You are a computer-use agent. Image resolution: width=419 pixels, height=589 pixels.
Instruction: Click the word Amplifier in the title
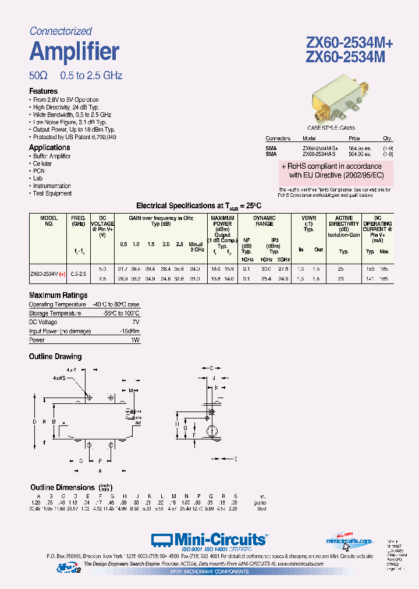tap(74, 52)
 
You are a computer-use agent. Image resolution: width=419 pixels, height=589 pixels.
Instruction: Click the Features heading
tap(44, 91)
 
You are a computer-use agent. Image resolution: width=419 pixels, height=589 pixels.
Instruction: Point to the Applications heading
tap(49, 148)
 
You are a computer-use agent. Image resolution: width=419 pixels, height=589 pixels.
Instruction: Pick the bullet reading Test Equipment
tap(52, 193)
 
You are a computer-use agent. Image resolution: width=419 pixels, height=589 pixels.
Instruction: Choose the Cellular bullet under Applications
tap(42, 164)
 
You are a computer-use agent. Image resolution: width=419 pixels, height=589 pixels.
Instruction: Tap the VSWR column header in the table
tap(309, 221)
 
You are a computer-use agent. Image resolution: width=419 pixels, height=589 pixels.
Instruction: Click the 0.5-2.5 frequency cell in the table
tap(79, 272)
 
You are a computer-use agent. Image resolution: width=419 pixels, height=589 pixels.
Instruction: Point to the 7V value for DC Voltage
tap(136, 322)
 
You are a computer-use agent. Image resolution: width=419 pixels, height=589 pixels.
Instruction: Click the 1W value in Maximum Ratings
tap(135, 340)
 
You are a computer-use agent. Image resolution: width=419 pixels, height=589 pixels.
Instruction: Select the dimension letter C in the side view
tap(212, 368)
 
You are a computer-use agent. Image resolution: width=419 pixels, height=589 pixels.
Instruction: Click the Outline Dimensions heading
tap(62, 487)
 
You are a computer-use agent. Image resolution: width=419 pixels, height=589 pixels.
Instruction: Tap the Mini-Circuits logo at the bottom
tap(210, 540)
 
